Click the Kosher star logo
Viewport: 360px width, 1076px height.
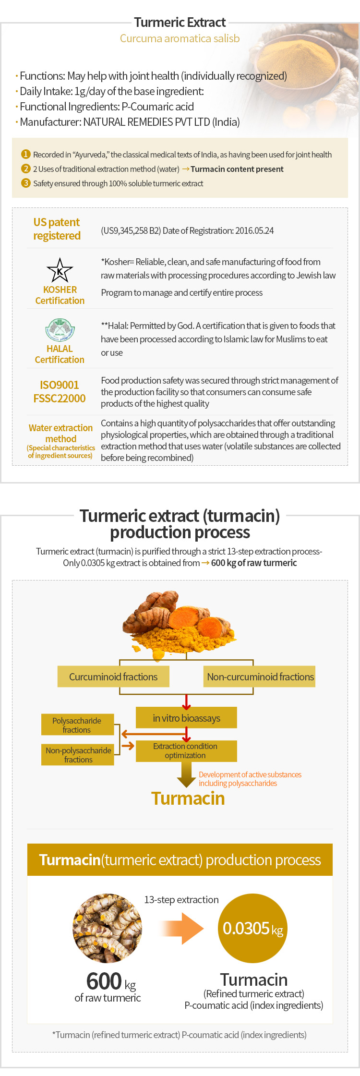click(x=60, y=270)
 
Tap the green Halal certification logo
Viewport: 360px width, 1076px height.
click(x=60, y=330)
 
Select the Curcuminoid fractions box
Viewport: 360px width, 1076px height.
click(x=113, y=677)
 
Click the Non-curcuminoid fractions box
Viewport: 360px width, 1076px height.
click(x=260, y=677)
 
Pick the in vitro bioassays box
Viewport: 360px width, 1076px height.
click(x=186, y=718)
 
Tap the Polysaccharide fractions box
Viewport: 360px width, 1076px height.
click(x=77, y=725)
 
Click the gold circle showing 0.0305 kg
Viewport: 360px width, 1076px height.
click(x=253, y=928)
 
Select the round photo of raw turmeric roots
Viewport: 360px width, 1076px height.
click(x=108, y=928)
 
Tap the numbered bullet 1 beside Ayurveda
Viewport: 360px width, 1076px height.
click(x=26, y=154)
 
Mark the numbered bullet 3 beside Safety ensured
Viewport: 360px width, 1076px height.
click(x=26, y=183)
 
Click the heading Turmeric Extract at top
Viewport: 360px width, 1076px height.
click(x=180, y=22)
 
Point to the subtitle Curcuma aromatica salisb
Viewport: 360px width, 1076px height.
click(x=180, y=38)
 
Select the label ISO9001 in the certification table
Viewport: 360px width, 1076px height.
click(x=60, y=385)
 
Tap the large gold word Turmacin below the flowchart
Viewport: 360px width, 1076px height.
click(x=188, y=798)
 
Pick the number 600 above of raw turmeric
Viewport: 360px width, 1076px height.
click(x=104, y=981)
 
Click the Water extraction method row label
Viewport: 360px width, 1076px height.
click(x=60, y=433)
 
